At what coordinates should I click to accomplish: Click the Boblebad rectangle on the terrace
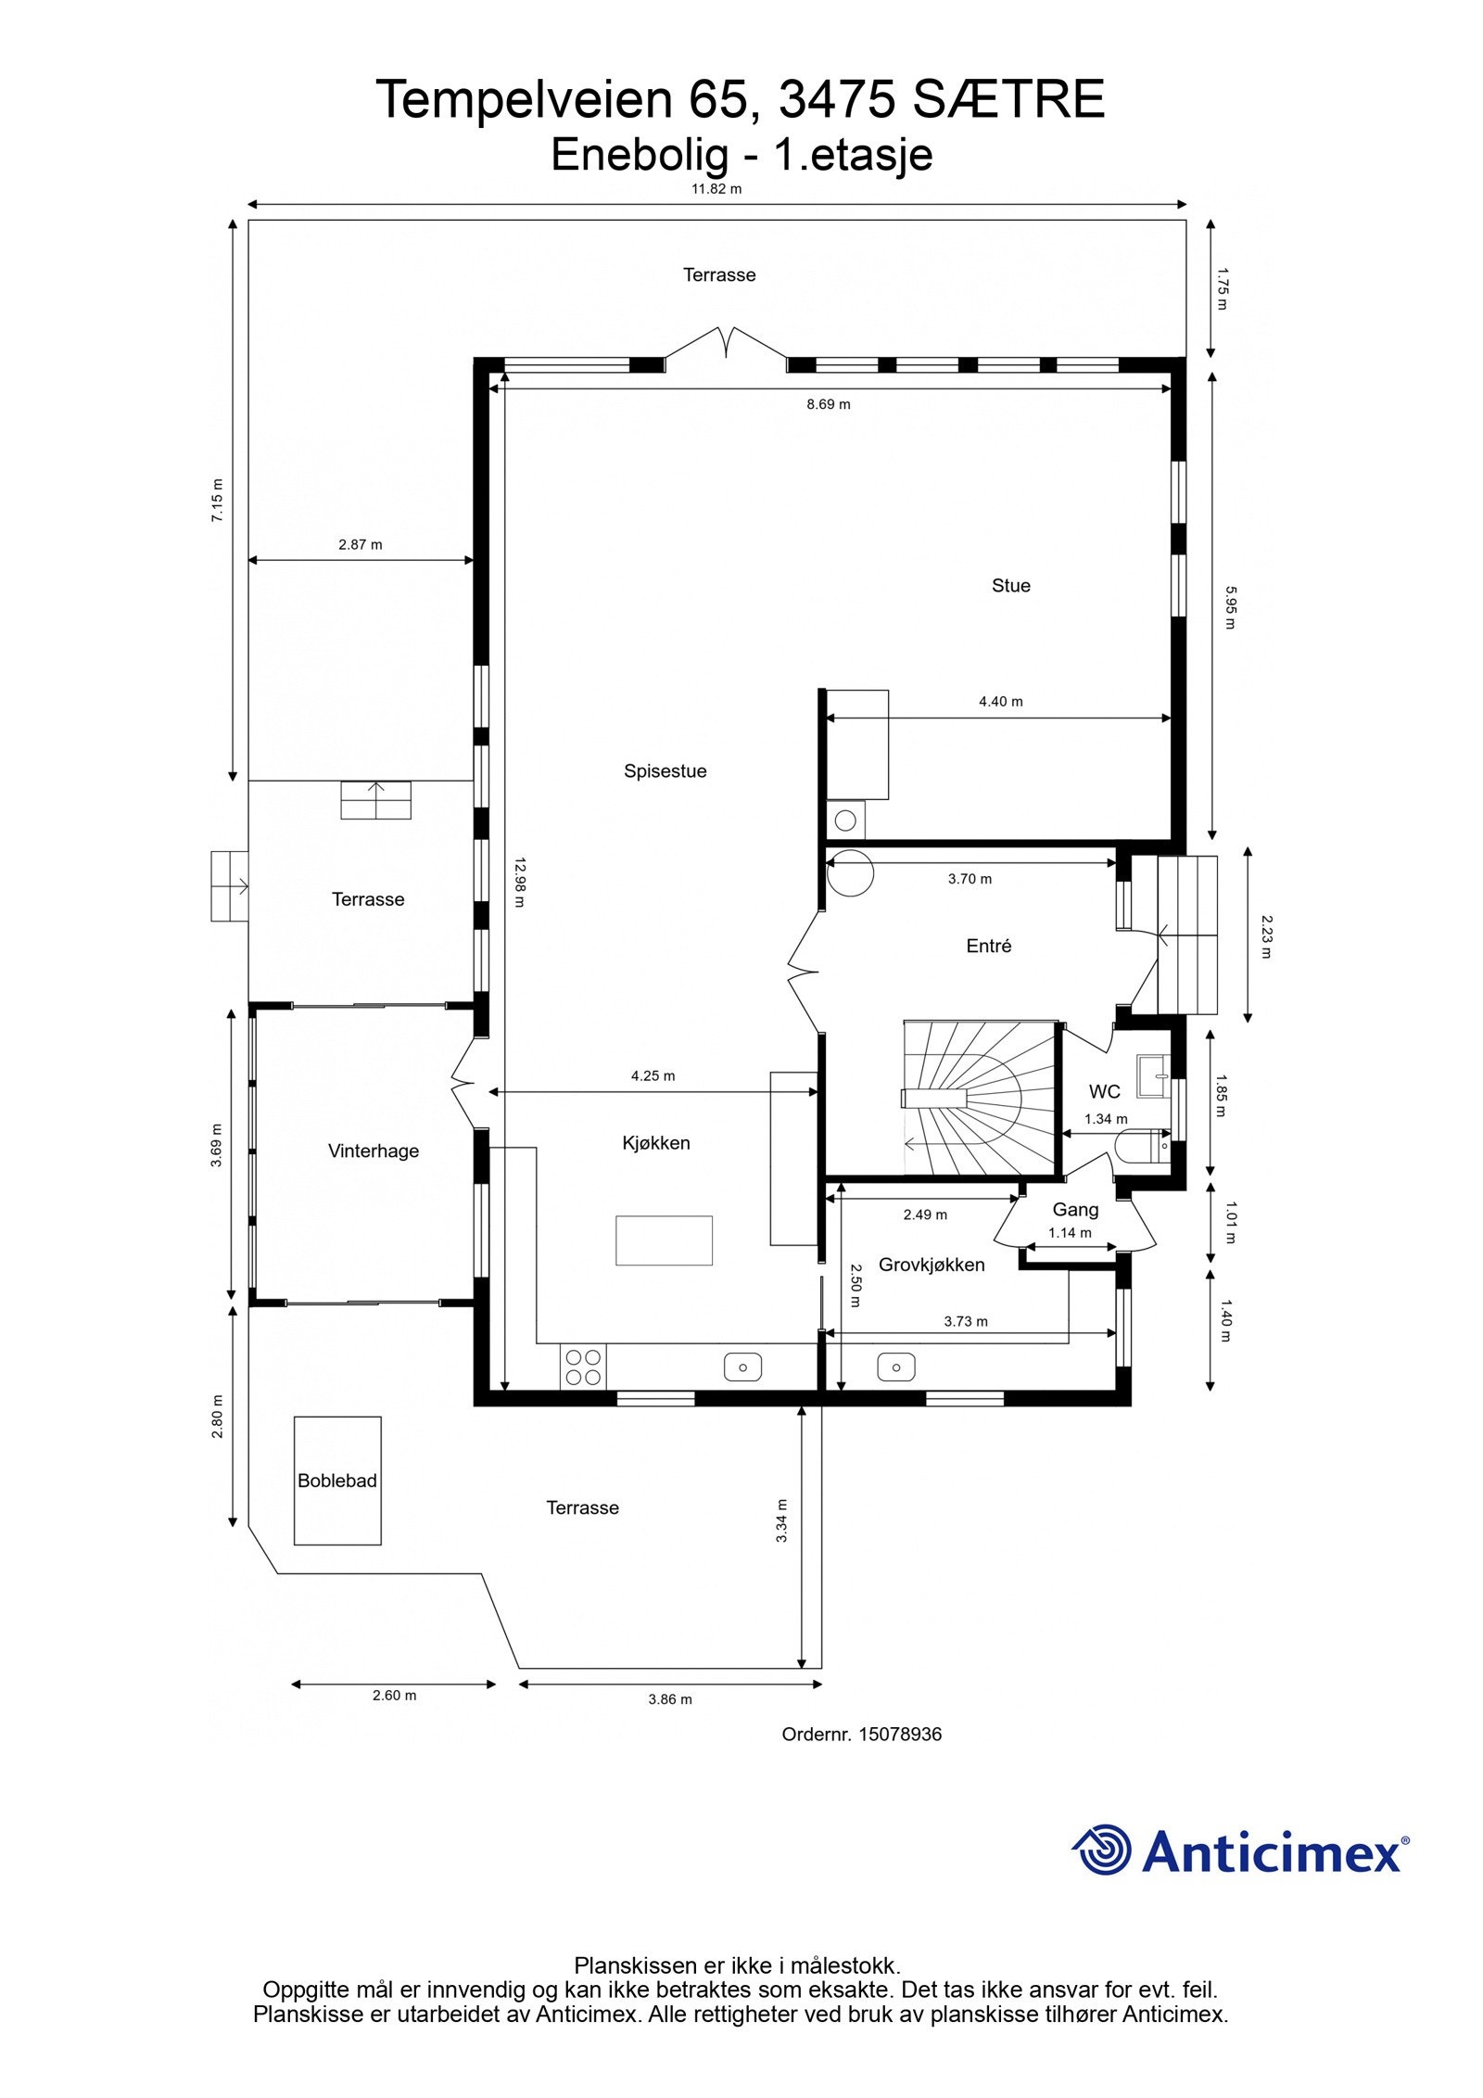click(336, 1480)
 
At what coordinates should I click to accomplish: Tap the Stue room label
click(1010, 585)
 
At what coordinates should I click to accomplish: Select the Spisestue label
click(665, 770)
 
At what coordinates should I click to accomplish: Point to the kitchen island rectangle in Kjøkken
click(664, 1240)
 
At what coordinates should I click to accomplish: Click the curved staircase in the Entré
click(973, 1099)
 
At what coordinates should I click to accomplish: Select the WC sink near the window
click(1155, 1075)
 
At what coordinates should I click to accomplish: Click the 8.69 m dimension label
click(828, 404)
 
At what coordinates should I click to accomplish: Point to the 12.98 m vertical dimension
click(518, 882)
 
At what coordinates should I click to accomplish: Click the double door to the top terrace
click(726, 343)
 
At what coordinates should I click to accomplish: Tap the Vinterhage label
click(373, 1151)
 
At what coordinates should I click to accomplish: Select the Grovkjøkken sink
click(895, 1367)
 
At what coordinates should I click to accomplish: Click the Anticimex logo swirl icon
click(1103, 1850)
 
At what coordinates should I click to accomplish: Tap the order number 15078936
click(899, 1734)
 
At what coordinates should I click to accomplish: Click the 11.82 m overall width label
click(716, 189)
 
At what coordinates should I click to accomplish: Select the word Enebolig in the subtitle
click(640, 155)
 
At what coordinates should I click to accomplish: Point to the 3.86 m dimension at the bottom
click(669, 1699)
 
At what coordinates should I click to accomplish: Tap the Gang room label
click(1075, 1209)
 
